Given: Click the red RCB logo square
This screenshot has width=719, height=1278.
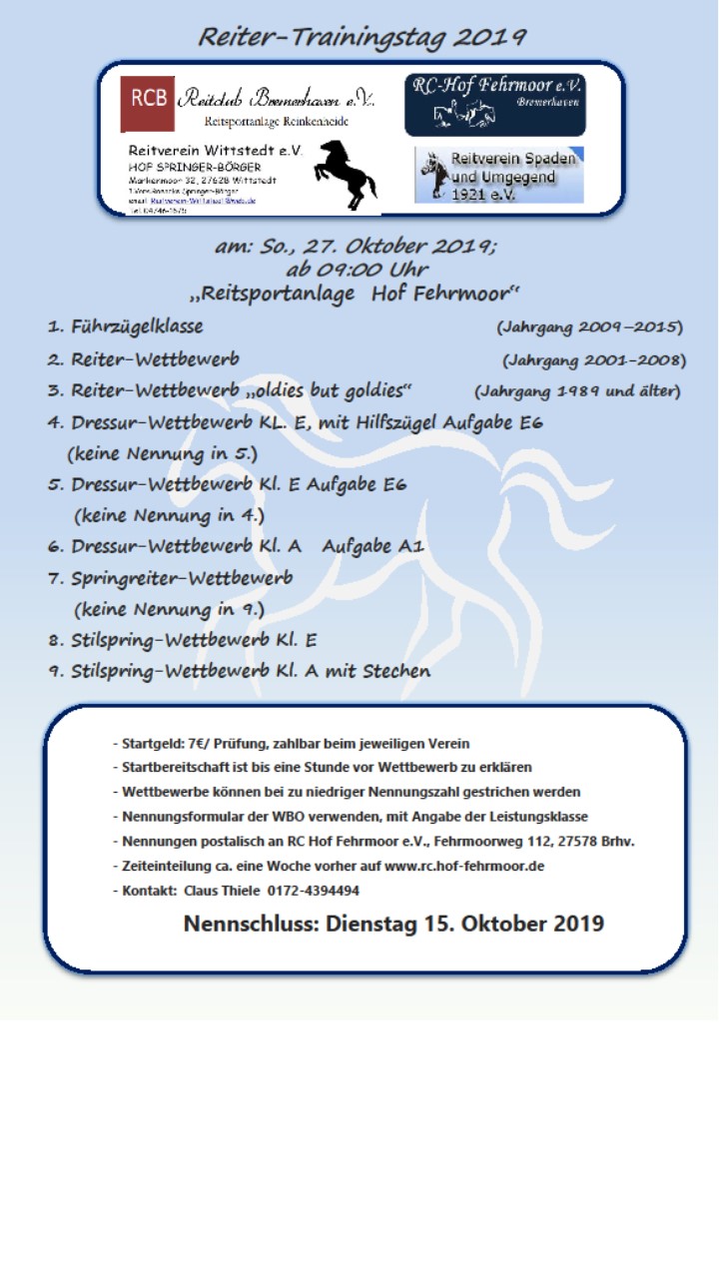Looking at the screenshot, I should tap(147, 104).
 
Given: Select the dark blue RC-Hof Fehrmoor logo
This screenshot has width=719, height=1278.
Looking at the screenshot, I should tap(494, 104).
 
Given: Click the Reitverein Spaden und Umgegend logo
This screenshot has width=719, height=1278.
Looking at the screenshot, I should tap(498, 175).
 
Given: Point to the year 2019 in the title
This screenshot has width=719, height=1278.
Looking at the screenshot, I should tap(489, 37).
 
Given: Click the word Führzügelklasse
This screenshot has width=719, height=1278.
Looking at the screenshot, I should tap(137, 326).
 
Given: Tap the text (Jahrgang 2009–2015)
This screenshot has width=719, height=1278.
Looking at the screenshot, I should tap(589, 327).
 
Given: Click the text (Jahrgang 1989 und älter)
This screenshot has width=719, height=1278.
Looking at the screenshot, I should tap(577, 390).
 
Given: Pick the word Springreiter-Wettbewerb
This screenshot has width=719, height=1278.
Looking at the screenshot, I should tap(182, 578).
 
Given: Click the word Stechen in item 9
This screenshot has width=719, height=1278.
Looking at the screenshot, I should tap(396, 671).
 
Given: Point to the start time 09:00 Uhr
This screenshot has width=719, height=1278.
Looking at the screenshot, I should tap(357, 270).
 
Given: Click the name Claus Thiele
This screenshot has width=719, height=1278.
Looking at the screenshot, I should tap(221, 891).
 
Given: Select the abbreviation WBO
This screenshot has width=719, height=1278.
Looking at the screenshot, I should tap(258, 817).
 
